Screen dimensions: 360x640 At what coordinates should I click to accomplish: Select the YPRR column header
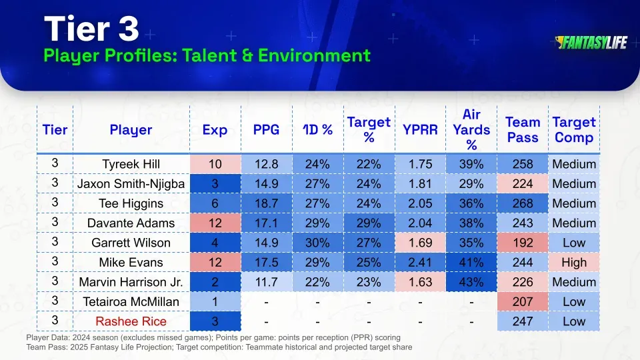click(x=419, y=130)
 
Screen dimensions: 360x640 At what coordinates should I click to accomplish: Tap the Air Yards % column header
click(x=471, y=130)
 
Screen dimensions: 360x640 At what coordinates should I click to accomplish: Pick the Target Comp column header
click(x=573, y=130)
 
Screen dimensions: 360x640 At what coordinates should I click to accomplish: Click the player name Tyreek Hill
click(x=131, y=165)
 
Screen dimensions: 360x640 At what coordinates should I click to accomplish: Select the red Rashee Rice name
click(x=131, y=321)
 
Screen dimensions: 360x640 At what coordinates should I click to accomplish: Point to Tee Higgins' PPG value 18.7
click(x=266, y=203)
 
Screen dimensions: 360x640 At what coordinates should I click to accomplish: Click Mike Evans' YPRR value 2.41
click(x=419, y=262)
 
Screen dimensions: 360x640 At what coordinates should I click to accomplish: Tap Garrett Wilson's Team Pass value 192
click(x=522, y=243)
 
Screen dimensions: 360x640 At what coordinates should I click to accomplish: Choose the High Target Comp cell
click(x=573, y=262)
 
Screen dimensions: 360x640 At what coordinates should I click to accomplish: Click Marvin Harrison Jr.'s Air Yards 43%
click(x=471, y=282)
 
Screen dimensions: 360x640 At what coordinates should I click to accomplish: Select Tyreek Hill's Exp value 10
click(x=215, y=165)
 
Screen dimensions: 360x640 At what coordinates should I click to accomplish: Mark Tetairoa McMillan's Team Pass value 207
click(x=522, y=301)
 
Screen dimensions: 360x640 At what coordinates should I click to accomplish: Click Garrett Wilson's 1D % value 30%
click(x=317, y=243)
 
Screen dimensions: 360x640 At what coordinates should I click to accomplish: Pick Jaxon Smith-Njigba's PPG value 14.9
click(x=266, y=184)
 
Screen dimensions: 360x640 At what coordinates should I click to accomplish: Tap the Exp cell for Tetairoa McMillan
click(x=215, y=301)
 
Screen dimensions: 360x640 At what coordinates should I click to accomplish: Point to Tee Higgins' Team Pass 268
click(x=522, y=203)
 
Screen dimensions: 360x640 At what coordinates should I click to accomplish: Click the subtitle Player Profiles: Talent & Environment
click(x=207, y=55)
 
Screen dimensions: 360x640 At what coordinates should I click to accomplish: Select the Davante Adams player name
click(x=131, y=223)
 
